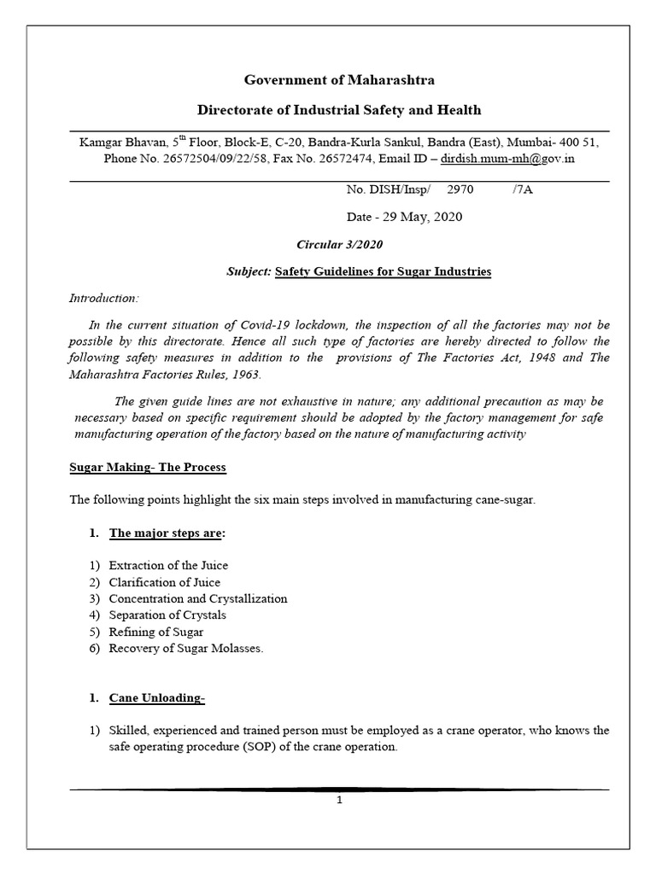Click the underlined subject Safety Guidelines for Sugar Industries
click(383, 272)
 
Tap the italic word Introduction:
click(102, 299)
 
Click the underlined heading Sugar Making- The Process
click(148, 469)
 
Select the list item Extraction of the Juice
click(168, 566)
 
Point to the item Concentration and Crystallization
click(198, 598)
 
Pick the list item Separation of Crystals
click(167, 615)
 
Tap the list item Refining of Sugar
click(156, 632)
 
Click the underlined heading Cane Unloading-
click(157, 699)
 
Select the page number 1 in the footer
click(339, 801)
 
